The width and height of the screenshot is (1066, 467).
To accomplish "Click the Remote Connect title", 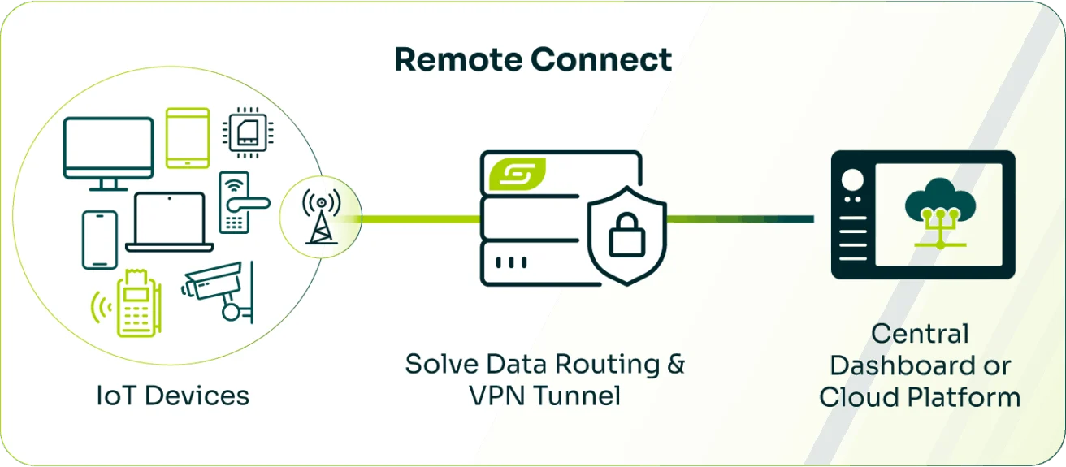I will tap(533, 60).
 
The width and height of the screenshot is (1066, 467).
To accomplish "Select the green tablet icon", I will tap(188, 138).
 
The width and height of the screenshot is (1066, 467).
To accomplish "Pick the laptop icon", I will tap(170, 222).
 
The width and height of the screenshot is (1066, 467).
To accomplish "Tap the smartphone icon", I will tap(100, 240).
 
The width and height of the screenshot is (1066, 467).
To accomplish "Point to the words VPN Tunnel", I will tap(544, 396).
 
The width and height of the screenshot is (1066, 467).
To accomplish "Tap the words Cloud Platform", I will tap(920, 397).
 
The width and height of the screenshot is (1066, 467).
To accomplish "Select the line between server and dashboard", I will tap(739, 218).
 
